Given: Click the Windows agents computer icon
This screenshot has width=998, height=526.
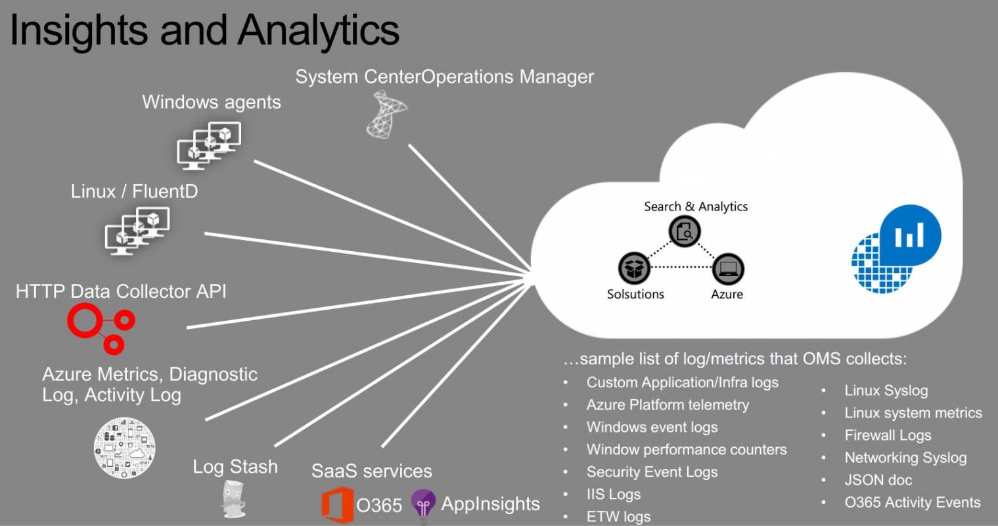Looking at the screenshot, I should point(210,145).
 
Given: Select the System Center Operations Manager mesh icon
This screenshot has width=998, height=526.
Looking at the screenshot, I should point(386,115).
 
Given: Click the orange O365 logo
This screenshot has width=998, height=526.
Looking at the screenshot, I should point(336,504).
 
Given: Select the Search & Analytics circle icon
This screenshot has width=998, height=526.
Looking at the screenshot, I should point(685,231).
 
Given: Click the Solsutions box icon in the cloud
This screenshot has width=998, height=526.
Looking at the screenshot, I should point(634,268).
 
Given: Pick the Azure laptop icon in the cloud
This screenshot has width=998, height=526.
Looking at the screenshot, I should point(727,268).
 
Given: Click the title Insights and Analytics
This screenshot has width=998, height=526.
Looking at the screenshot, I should point(204,30).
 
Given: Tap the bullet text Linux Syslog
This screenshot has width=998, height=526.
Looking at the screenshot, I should point(886,391).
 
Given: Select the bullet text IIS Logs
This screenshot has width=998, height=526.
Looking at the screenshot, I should point(613,494).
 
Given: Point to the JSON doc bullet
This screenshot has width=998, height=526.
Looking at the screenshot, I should point(878,480).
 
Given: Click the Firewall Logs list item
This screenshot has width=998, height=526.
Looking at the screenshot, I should point(888,435).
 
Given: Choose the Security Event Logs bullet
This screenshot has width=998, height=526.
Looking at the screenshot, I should point(652,471).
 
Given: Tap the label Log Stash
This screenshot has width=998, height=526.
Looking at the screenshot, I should point(235,467).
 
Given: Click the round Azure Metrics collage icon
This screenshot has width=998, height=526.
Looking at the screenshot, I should point(125,447).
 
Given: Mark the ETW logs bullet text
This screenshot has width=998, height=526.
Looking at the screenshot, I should point(618,517).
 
